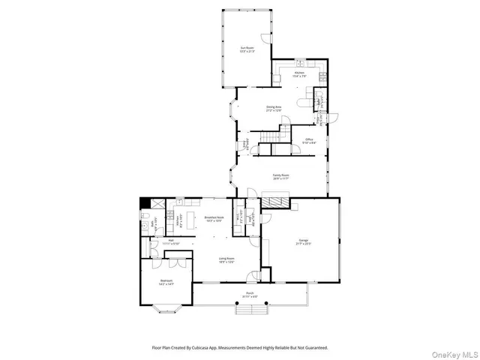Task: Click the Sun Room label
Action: (247, 49)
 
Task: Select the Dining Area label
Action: (274, 109)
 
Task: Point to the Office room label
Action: (309, 140)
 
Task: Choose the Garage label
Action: (304, 241)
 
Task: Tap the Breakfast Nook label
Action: (215, 218)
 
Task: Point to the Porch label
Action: (250, 295)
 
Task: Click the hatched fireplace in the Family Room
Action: (275, 201)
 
